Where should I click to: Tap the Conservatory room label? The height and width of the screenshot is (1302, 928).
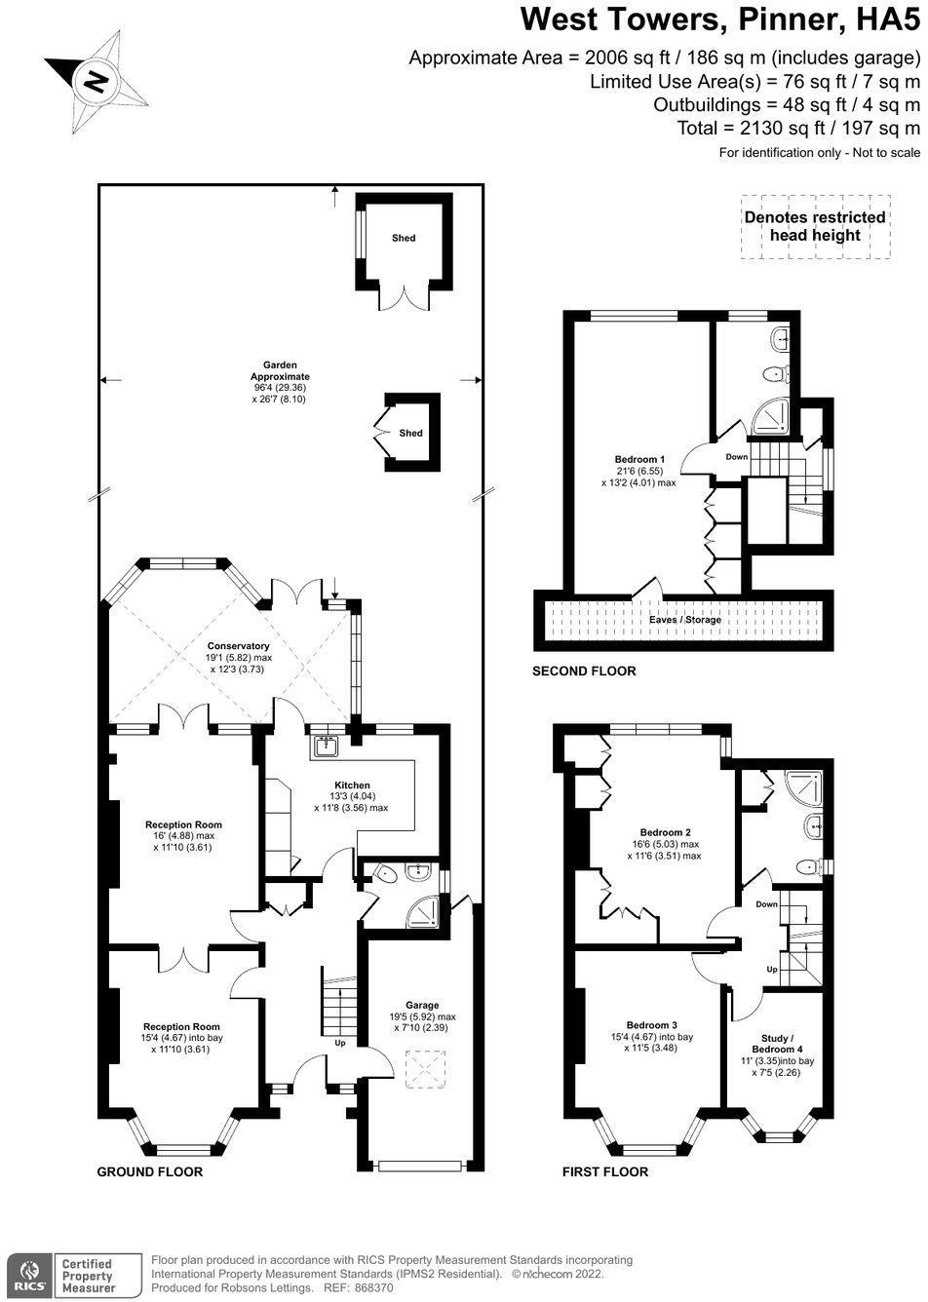[x=239, y=646]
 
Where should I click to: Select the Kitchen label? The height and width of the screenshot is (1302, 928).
[x=352, y=785]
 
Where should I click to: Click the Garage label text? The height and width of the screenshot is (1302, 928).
[x=422, y=1005]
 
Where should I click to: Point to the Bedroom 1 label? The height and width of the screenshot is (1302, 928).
[x=639, y=459]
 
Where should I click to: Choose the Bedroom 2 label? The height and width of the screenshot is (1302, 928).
[x=665, y=831]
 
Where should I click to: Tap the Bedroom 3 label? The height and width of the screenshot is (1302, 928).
[x=652, y=1025]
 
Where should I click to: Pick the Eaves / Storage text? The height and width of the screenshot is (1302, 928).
[x=685, y=620]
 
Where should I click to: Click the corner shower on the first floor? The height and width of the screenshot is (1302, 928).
[x=804, y=787]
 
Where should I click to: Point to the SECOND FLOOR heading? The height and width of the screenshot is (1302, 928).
[x=584, y=671]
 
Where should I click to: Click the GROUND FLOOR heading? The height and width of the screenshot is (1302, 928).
[x=149, y=1171]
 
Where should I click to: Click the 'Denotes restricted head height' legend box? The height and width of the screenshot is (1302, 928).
[x=815, y=227]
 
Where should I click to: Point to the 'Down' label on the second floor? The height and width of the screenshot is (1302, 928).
[x=737, y=456]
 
